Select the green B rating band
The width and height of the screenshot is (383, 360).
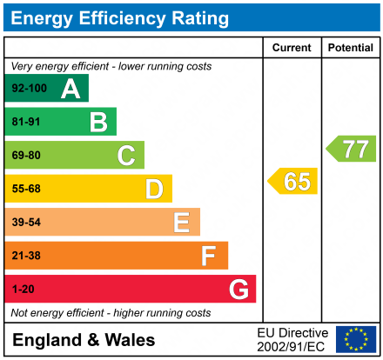[60, 122]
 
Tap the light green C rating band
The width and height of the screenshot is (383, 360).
[74, 155]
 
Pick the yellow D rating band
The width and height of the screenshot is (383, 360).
[88, 189]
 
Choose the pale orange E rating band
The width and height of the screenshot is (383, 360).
[102, 222]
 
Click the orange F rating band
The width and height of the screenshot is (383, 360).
[116, 256]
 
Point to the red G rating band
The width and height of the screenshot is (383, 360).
[130, 289]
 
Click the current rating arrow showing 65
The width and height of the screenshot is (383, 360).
[293, 182]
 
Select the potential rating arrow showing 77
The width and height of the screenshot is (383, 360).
[352, 149]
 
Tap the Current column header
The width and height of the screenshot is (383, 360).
[292, 48]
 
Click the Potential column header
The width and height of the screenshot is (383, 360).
[350, 48]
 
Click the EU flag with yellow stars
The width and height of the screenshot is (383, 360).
[356, 339]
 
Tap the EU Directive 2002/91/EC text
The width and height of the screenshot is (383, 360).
[292, 339]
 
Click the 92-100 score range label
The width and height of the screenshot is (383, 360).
[29, 89]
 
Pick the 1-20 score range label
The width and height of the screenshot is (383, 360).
[24, 289]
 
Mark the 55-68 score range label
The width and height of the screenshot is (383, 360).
[26, 189]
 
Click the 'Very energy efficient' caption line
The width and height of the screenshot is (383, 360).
[111, 66]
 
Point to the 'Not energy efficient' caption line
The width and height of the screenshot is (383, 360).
[111, 312]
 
